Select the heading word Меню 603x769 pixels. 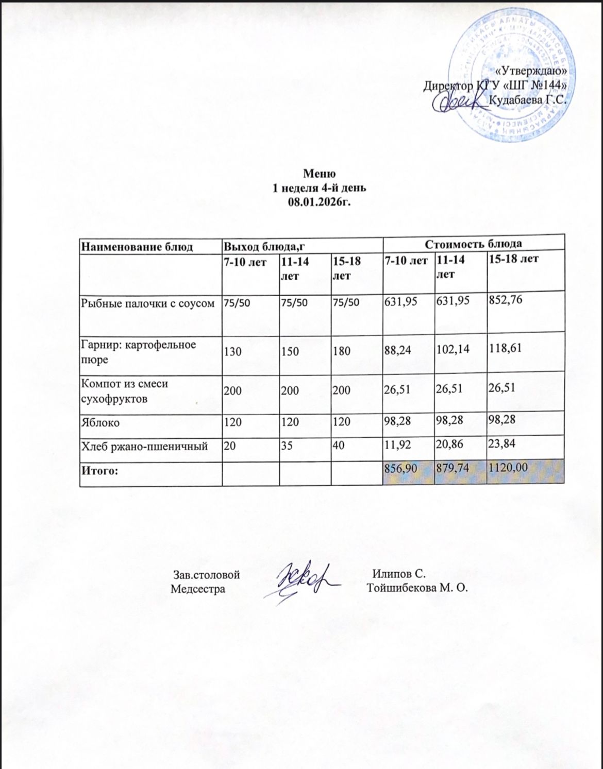320,173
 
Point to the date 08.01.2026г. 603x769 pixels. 320,200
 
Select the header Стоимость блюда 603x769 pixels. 473,244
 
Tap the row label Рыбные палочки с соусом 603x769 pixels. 147,303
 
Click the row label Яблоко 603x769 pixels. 100,422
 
